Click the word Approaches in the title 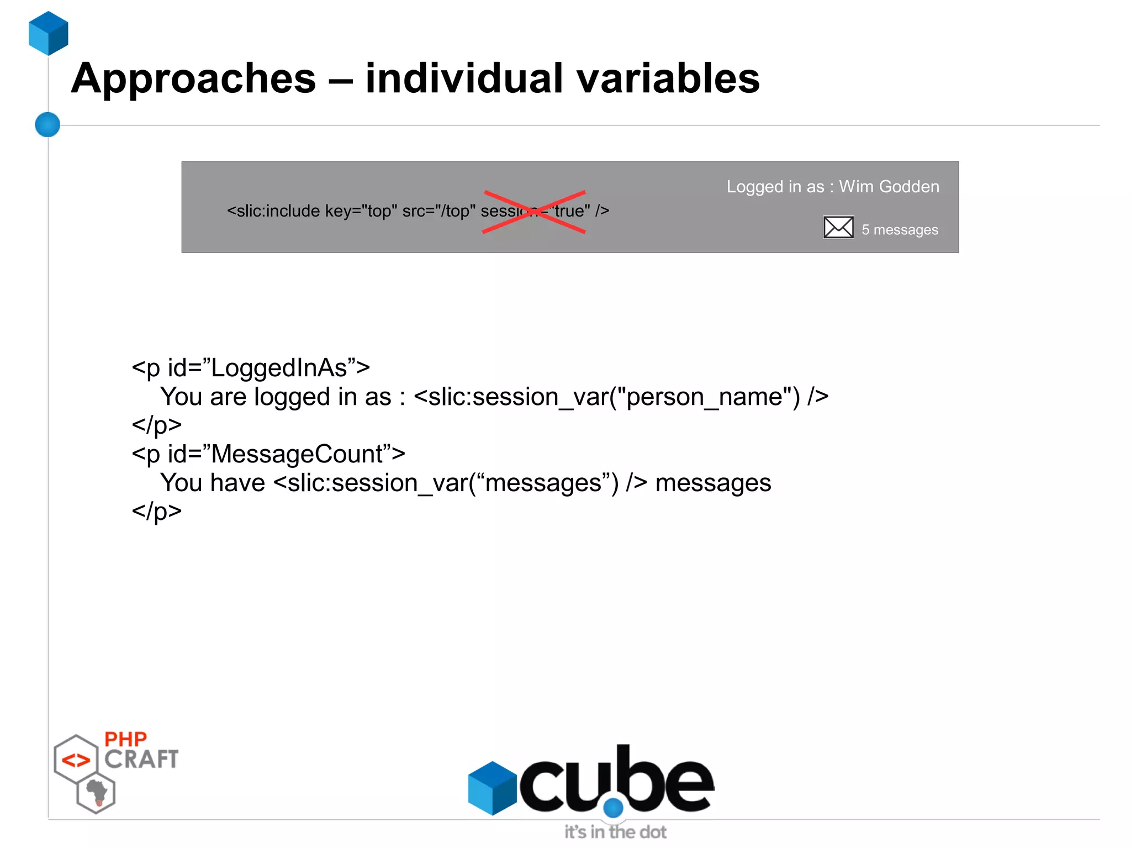(194, 78)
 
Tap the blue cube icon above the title (49, 33)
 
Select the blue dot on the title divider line (47, 124)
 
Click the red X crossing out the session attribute (534, 212)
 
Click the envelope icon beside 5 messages (838, 227)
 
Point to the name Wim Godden (889, 187)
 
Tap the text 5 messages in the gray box (900, 230)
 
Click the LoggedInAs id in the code (279, 368)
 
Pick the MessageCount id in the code (297, 454)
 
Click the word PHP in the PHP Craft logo (125, 739)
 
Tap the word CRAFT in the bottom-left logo (141, 759)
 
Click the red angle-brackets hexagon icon (76, 760)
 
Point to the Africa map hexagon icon (97, 793)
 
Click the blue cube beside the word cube (492, 788)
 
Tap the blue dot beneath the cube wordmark (613, 808)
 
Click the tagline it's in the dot (615, 832)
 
